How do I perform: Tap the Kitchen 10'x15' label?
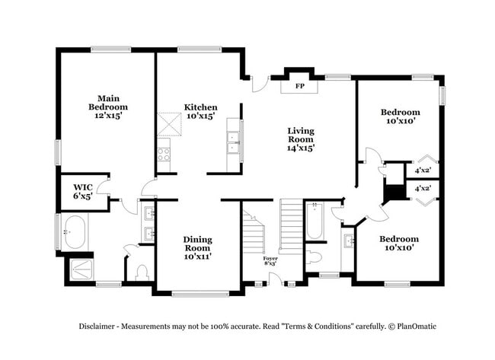tap(200, 112)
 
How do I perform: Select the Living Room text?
tap(301, 139)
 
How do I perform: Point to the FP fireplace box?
tap(299, 87)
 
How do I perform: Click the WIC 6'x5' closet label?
tap(83, 191)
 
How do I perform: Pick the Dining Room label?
tap(197, 248)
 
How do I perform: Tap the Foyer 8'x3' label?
tap(270, 263)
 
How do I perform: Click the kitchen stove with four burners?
tap(164, 155)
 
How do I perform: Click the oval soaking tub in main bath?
tap(75, 232)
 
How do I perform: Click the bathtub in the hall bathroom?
tap(315, 221)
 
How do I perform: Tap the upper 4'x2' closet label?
tap(423, 170)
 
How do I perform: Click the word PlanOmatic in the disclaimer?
tap(414, 327)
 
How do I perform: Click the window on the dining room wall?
tap(200, 292)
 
